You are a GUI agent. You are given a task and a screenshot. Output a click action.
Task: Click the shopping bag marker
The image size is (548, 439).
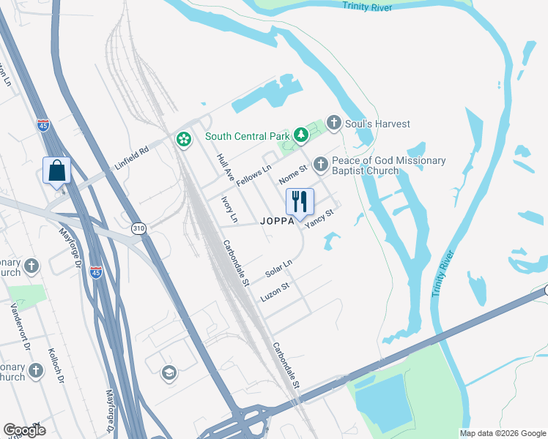(57, 171)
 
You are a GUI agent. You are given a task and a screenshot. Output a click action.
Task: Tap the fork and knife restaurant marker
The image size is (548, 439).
(299, 202)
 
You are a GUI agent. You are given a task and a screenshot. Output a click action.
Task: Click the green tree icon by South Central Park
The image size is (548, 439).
(300, 135)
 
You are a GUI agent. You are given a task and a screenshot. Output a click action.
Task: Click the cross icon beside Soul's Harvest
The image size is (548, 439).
(334, 122)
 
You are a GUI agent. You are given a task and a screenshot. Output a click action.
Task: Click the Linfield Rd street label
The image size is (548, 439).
(133, 158)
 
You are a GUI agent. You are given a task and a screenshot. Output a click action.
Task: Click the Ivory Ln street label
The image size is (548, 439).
(229, 209)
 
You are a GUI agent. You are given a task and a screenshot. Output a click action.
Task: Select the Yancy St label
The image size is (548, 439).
(319, 219)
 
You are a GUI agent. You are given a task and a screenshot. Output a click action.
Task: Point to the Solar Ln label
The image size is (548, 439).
(278, 269)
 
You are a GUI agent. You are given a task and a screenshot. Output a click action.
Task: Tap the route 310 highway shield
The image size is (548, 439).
(138, 229)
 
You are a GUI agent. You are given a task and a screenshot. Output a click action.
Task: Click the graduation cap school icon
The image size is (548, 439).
(169, 373)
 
